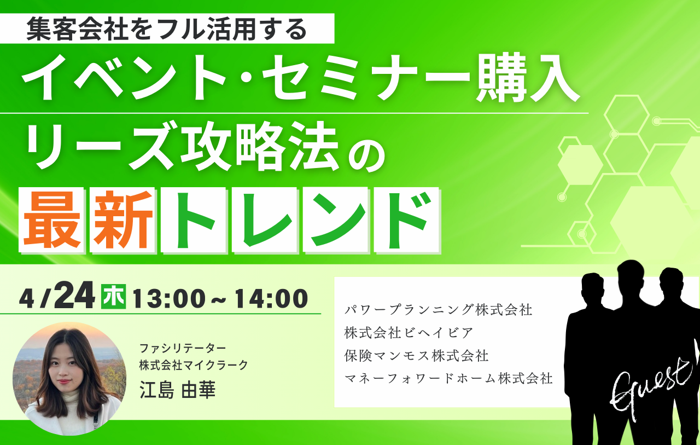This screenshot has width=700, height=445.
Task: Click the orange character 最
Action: [x=51, y=220]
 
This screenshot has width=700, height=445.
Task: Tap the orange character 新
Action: [x=123, y=220]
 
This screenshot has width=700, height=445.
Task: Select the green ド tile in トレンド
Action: [x=407, y=220]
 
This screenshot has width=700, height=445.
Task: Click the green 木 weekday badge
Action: [x=113, y=297]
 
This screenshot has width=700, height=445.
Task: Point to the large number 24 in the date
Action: [x=74, y=295]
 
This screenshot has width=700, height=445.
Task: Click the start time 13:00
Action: [x=169, y=299]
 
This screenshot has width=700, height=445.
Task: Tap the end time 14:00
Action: [x=272, y=299]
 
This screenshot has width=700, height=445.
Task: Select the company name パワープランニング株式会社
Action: [x=438, y=310]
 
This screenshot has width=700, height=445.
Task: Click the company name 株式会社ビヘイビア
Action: [x=409, y=333]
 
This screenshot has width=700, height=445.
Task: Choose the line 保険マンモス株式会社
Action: [x=416, y=356]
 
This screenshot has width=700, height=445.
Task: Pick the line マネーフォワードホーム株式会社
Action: [x=448, y=378]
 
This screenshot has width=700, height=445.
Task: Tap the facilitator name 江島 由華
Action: [x=178, y=390]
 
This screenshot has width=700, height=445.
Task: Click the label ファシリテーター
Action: [x=183, y=348]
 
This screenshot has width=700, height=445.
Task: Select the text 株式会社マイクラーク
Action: [x=194, y=365]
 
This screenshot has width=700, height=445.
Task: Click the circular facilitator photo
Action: [x=69, y=379]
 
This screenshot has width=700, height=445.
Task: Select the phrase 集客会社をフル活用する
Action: [x=167, y=29]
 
